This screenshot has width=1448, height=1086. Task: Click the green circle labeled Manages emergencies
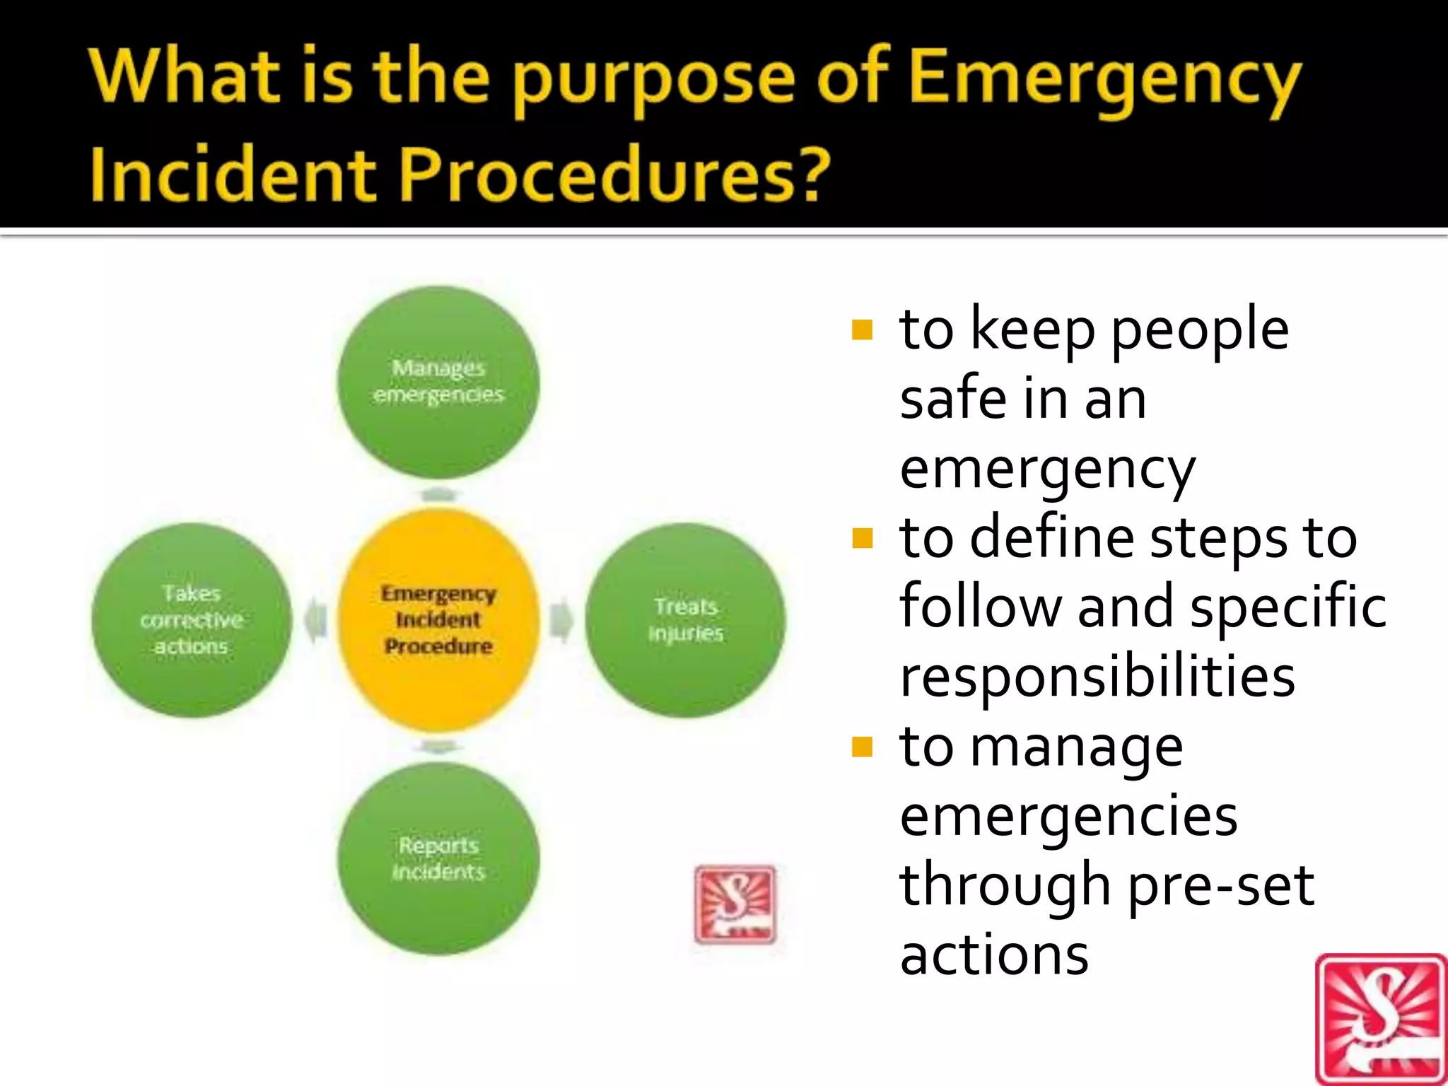point(438,382)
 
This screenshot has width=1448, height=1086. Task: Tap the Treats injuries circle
point(685,620)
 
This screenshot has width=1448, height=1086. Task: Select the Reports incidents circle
point(438,858)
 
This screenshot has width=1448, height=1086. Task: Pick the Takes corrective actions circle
point(192,620)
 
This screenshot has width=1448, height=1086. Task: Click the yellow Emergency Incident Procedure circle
point(438,620)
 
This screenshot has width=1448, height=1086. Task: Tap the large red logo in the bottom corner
point(1381,1020)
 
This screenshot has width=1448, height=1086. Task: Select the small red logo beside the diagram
point(735,904)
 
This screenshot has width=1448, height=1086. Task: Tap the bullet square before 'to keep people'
point(863,330)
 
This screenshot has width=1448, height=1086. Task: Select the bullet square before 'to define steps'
point(863,539)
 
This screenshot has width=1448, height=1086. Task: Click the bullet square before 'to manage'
point(863,747)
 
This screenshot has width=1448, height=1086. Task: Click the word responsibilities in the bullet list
point(1097,676)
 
